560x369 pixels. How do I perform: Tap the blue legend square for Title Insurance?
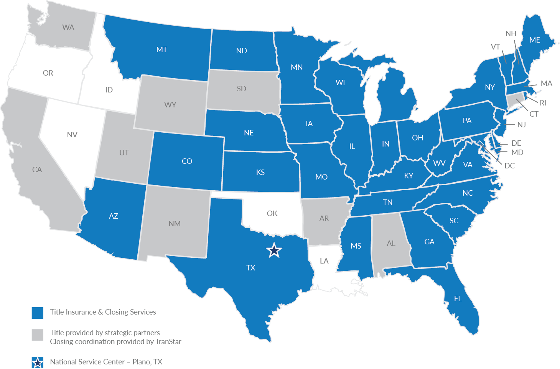(38, 313)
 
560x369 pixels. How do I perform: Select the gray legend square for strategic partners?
(38, 334)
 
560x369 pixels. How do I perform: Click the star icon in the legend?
(38, 362)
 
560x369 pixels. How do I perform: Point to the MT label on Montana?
(161, 49)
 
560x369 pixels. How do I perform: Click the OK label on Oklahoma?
(272, 213)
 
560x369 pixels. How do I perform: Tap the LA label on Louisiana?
(324, 261)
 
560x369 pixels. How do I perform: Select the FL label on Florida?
(458, 298)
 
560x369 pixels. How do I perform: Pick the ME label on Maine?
(534, 40)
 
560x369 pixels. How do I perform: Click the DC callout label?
(509, 166)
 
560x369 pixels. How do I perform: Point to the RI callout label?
(543, 103)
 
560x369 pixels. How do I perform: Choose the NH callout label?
(511, 33)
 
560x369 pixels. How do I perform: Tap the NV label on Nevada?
(72, 135)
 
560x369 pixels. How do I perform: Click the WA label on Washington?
(68, 27)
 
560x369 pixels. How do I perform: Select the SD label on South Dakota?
(241, 89)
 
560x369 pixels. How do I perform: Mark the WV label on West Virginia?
(439, 163)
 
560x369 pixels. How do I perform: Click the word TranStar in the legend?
(168, 341)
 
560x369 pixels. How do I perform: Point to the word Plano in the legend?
(141, 362)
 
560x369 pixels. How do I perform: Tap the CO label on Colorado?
(187, 161)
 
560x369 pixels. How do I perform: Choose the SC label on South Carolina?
(454, 221)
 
